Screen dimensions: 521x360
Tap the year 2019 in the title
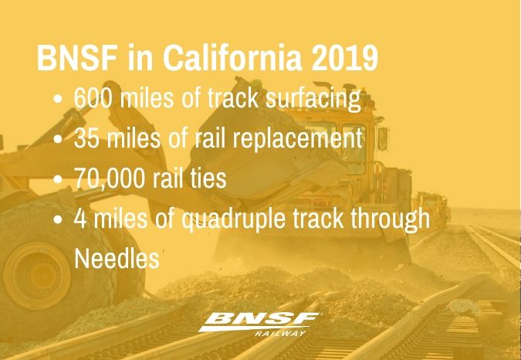[345, 58]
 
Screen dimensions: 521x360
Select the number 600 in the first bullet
[93, 98]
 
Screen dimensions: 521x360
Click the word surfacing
[313, 99]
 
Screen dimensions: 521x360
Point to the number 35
[86, 138]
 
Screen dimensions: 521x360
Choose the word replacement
[297, 138]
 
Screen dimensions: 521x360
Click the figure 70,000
[110, 178]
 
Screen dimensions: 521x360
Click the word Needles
[117, 258]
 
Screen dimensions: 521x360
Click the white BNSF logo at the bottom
[260, 321]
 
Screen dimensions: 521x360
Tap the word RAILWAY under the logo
[280, 334]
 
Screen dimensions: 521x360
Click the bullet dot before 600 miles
[58, 99]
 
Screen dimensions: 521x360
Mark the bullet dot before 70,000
[58, 178]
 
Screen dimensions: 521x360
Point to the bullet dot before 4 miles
[58, 219]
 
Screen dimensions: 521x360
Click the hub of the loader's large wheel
[37, 277]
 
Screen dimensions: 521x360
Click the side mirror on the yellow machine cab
[383, 138]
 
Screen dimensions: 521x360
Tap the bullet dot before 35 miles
[58, 138]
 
